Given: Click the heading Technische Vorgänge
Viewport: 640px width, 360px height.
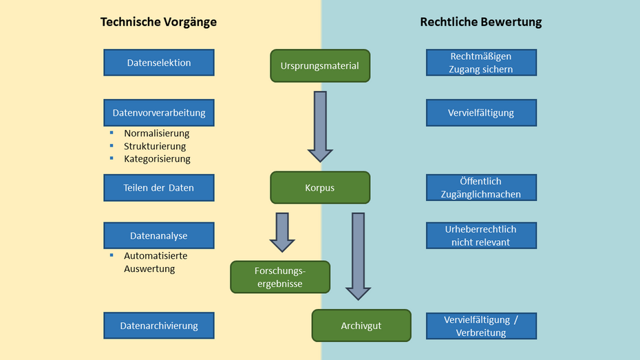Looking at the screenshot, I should [158, 22].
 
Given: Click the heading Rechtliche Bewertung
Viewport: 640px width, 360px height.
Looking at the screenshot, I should [480, 22].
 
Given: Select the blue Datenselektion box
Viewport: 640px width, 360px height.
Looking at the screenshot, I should [159, 63].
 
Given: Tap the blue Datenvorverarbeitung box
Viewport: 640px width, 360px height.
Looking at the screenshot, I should [159, 112].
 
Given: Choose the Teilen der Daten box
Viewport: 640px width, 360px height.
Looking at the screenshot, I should [159, 187].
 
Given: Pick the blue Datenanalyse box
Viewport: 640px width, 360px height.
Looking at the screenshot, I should [159, 235].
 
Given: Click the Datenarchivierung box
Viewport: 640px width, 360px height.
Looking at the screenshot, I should [159, 326].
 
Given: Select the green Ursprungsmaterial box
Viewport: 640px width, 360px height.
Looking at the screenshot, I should [320, 66].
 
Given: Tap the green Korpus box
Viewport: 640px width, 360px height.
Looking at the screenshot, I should [320, 187].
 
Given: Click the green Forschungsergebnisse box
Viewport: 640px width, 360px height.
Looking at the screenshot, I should [280, 277].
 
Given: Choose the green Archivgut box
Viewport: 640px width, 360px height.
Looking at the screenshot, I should [361, 326].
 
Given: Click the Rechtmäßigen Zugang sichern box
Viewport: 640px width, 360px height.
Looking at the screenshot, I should [481, 63].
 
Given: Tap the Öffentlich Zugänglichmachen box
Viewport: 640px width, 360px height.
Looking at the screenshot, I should [481, 187].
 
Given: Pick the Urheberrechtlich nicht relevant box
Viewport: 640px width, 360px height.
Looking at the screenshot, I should [481, 235].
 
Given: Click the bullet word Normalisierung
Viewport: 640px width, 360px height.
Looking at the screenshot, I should [156, 134].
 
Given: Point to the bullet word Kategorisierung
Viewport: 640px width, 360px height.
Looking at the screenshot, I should [157, 159].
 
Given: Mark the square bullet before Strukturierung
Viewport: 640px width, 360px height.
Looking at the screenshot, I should [111, 145].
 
